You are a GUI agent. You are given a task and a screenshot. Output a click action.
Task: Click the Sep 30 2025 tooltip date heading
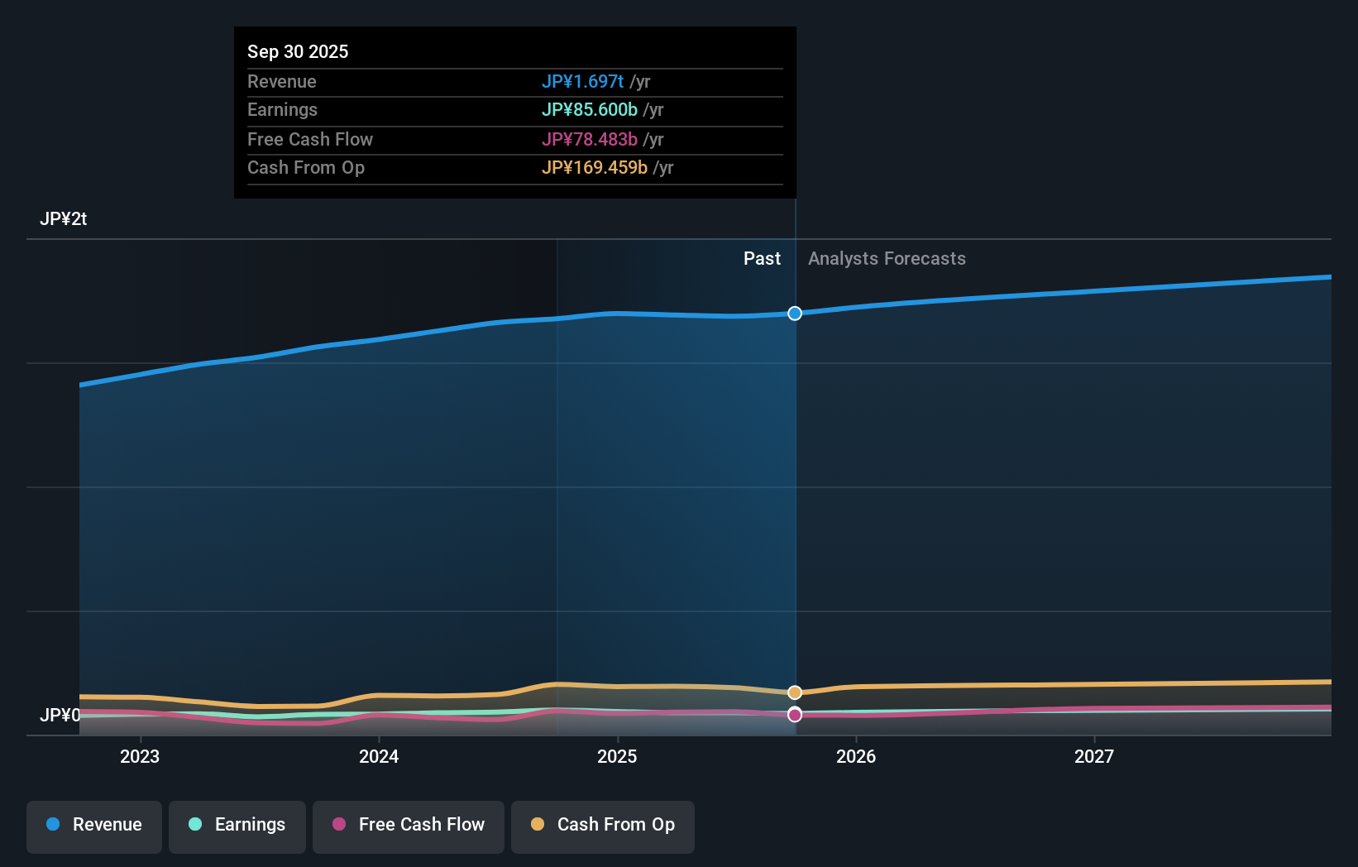coord(298,51)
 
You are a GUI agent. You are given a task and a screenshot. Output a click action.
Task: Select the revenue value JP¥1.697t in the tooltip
coord(582,81)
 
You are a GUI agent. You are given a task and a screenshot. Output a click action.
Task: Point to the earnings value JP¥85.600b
coord(589,109)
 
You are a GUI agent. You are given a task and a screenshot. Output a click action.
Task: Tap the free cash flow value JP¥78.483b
coord(589,139)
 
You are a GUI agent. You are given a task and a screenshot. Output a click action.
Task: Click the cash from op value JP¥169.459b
coord(594,167)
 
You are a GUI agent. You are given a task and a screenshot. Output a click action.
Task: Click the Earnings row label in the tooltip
coord(282,109)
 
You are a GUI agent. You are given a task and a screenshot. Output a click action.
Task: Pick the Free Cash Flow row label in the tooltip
coord(309,139)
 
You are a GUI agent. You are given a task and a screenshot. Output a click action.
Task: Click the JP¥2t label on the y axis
coord(63,218)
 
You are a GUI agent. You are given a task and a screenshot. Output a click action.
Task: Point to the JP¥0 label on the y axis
coord(60,715)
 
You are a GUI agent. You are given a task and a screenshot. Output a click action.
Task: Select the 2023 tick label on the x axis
coord(140,756)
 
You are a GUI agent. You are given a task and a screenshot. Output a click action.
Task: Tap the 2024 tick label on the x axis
coord(379,756)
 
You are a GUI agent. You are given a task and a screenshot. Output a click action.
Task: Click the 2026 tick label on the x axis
coord(856,756)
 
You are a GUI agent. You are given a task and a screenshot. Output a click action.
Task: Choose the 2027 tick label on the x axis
coord(1094,756)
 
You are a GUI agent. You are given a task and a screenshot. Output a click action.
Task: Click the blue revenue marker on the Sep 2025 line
coord(795,314)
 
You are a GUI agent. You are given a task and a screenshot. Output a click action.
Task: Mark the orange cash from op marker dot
coord(795,692)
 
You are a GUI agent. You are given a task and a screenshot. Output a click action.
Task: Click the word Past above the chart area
coord(762,258)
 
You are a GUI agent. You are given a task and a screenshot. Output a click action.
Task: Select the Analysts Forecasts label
coord(887,258)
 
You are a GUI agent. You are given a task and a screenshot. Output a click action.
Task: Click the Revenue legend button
coord(94,825)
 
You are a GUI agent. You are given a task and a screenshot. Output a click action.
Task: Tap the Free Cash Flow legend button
coord(409,825)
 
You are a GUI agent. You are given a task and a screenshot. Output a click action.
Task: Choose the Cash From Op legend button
coord(603,825)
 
